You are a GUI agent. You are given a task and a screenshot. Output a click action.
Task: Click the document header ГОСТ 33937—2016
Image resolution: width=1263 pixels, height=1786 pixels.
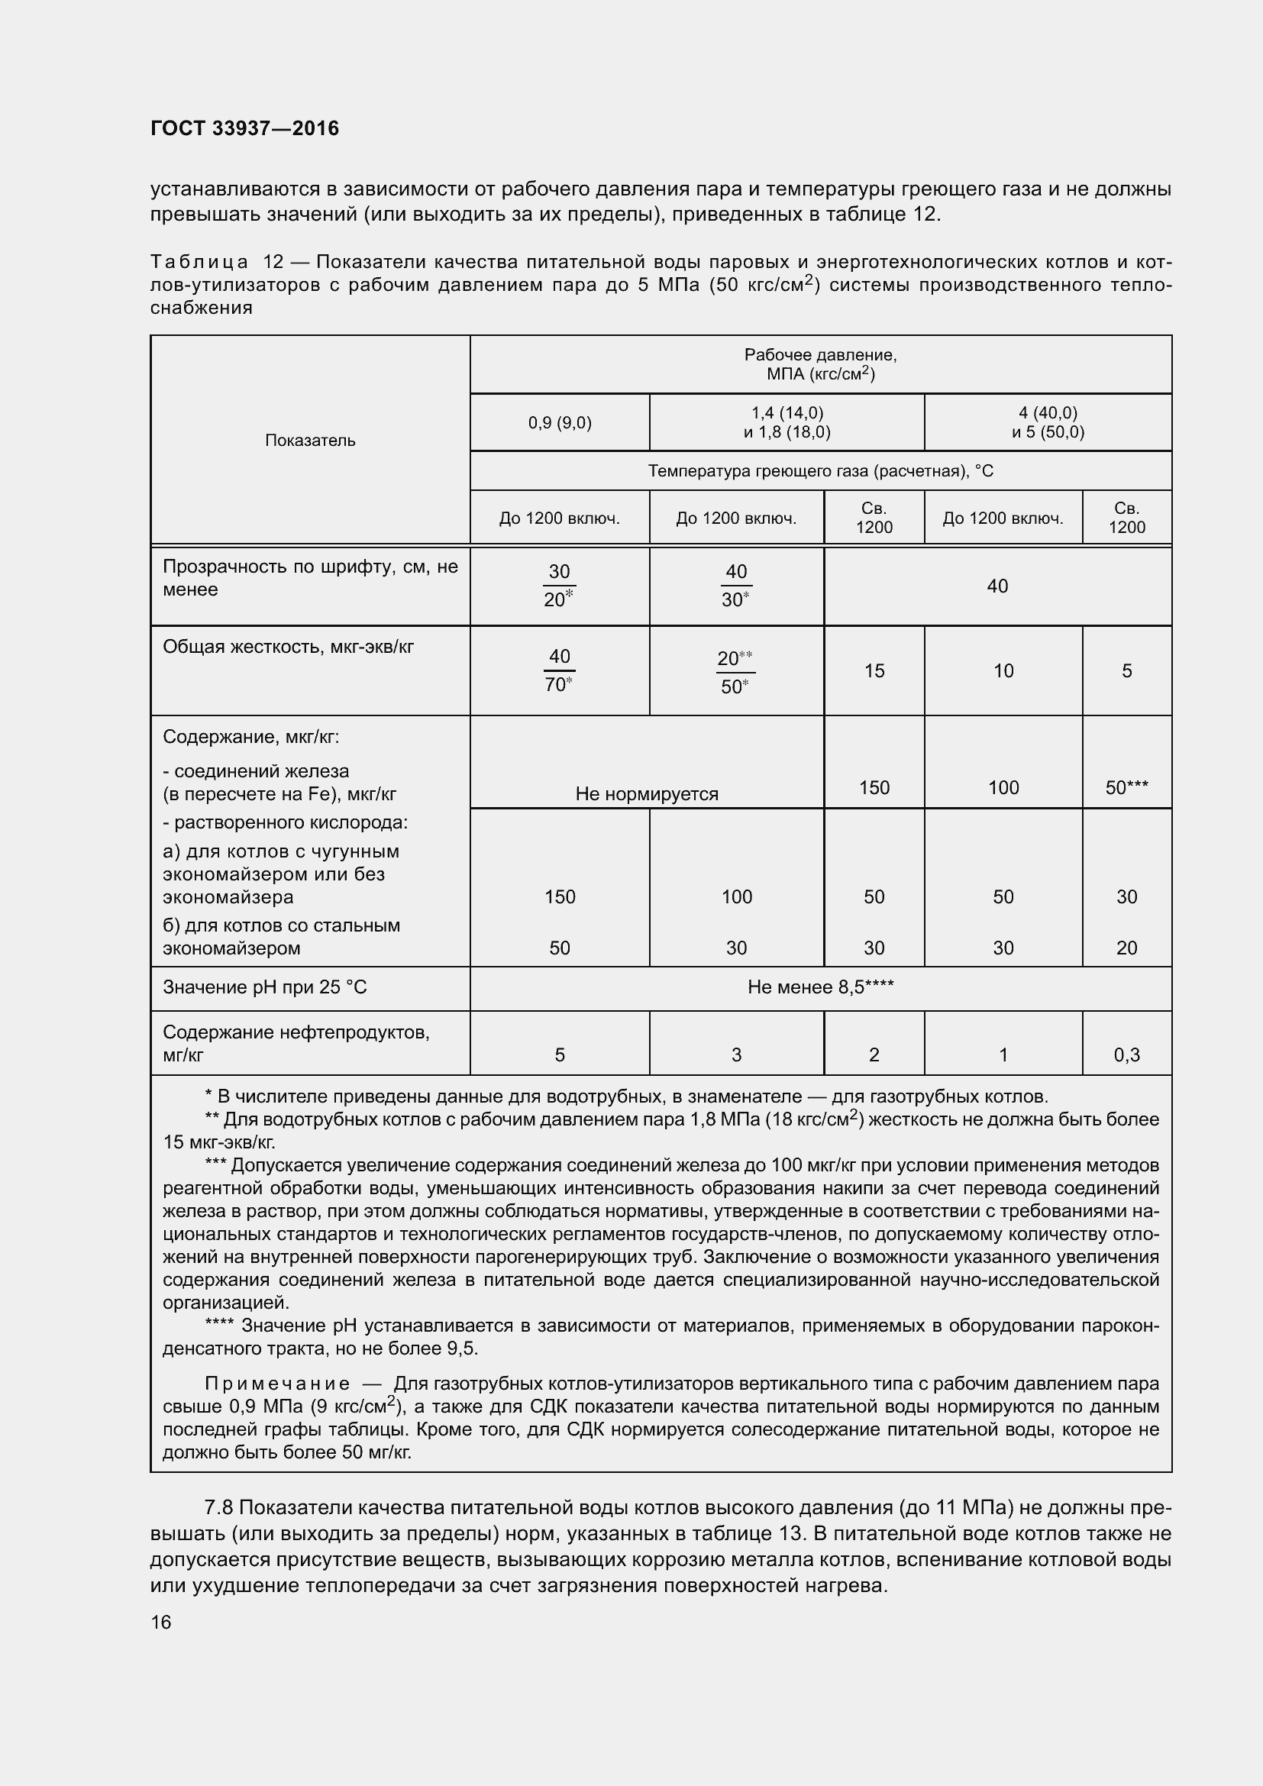[245, 128]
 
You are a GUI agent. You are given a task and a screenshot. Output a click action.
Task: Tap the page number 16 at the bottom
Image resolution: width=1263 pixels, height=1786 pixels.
[161, 1622]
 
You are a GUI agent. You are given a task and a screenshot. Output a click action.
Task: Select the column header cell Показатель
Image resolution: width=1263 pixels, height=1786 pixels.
[310, 441]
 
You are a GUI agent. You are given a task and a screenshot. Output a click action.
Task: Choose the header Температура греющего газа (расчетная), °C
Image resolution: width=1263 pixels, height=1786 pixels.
[820, 471]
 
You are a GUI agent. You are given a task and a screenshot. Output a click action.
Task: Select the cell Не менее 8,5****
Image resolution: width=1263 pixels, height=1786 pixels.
[820, 987]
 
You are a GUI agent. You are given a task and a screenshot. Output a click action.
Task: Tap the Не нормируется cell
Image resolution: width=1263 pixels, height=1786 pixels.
[647, 793]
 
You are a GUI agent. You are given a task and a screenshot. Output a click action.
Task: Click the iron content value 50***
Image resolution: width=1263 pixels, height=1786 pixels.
[1127, 788]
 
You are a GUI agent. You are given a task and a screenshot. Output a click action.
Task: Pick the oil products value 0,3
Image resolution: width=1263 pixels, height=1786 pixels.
[1127, 1054]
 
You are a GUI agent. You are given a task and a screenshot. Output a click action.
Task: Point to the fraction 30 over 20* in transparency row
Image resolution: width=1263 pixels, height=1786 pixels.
[559, 586]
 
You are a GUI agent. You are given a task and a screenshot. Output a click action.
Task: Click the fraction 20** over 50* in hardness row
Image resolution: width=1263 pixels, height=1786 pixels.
[735, 672]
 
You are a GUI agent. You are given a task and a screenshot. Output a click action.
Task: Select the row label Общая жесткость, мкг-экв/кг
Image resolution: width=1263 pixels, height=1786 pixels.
[288, 647]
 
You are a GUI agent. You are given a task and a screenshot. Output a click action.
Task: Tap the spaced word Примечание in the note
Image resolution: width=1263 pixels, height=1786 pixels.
[278, 1384]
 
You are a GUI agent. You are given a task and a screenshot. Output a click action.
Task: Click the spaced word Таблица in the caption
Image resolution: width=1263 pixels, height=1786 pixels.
[200, 262]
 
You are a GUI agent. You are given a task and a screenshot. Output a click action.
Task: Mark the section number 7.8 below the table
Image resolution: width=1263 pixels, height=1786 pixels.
[218, 1507]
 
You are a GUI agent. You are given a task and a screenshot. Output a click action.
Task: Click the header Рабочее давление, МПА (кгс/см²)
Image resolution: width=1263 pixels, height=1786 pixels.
[820, 364]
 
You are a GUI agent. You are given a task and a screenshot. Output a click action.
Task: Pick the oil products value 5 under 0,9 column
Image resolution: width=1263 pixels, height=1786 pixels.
[559, 1054]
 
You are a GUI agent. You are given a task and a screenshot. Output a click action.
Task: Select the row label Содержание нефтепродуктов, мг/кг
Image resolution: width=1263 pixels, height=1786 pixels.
[296, 1043]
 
